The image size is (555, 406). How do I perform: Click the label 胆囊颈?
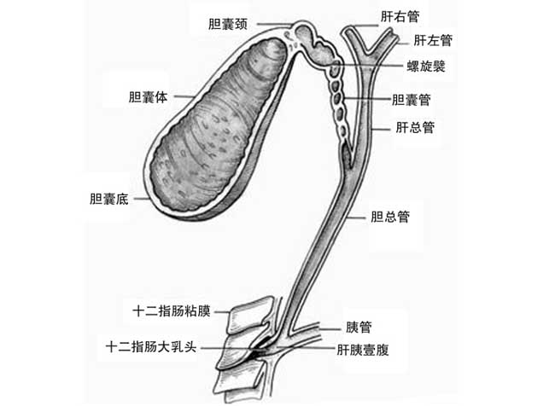228,25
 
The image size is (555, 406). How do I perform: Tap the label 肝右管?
400,16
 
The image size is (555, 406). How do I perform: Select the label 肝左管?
433,40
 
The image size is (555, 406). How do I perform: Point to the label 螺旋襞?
426,67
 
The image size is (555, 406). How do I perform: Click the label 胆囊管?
411,100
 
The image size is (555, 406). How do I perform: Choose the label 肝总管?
415,127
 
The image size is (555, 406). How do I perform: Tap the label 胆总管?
390,217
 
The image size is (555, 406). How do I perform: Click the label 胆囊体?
148,97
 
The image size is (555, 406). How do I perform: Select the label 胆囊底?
109,199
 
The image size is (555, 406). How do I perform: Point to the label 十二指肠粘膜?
172,311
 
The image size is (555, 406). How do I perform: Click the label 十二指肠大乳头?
151,346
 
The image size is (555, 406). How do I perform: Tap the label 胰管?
359,328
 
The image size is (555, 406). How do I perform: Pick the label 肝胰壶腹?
363,350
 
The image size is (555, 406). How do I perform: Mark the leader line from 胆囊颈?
276,25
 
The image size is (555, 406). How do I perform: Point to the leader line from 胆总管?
355,217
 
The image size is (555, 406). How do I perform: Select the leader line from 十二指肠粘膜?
222,312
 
